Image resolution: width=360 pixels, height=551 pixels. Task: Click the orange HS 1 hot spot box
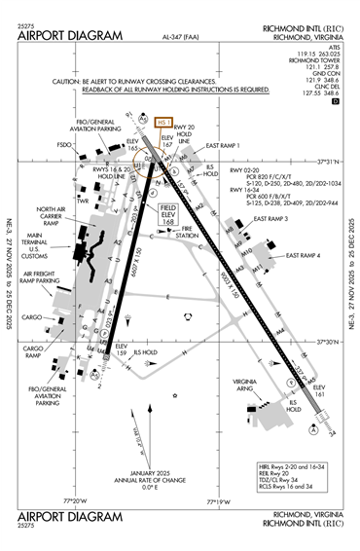tap(162, 123)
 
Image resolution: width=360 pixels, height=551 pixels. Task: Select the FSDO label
tap(65, 145)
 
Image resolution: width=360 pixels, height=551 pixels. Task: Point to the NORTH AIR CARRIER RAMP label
tap(52, 216)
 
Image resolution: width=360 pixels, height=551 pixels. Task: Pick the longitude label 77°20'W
tap(75, 501)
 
